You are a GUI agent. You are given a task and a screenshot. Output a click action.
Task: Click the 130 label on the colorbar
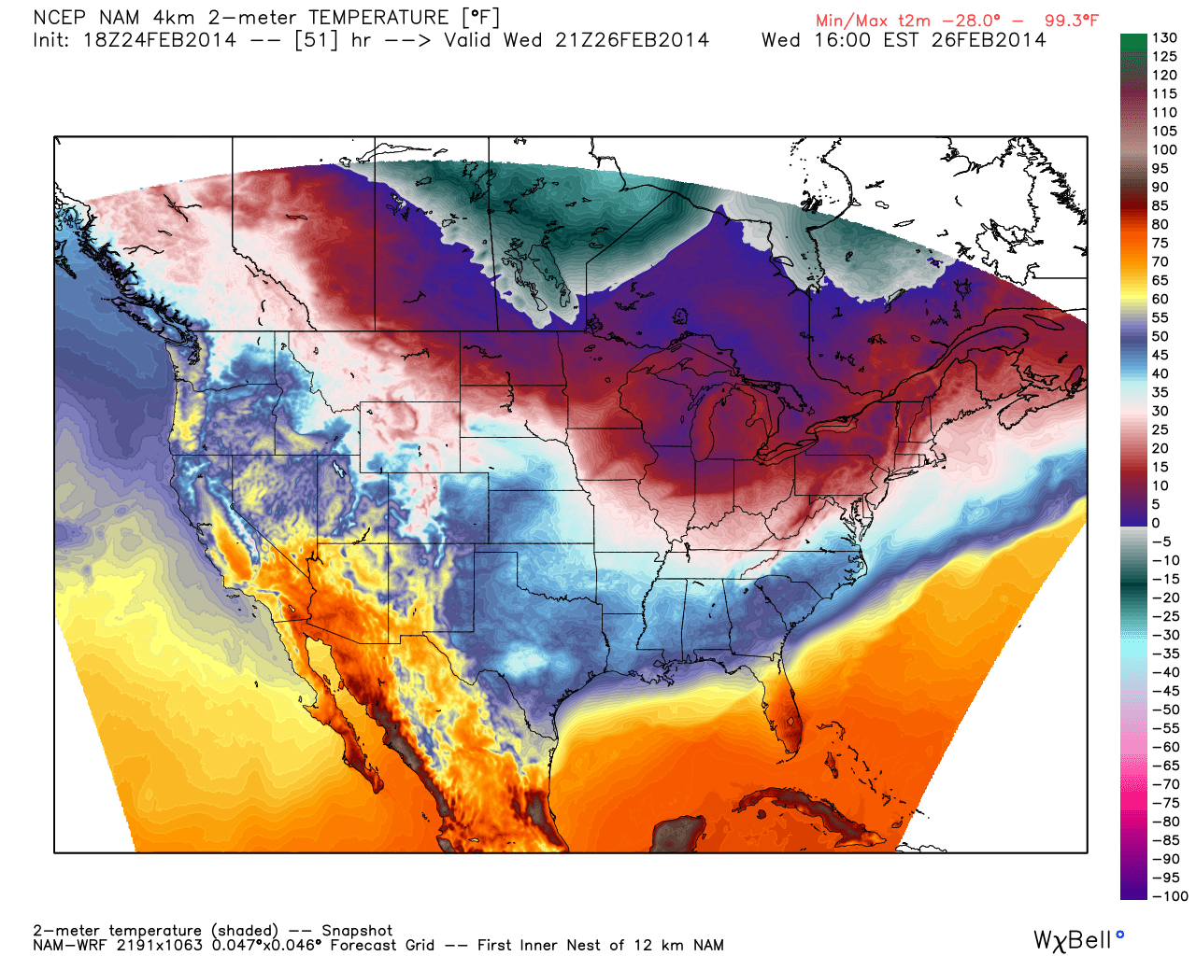coord(1164,37)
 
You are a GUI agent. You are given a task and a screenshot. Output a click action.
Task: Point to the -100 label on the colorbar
coord(1169,896)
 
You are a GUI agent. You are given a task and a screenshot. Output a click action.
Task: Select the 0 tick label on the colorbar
coord(1156,523)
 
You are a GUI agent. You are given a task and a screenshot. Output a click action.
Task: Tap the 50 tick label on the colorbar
coord(1160,336)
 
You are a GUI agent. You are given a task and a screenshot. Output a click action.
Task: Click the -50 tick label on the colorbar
coord(1165,710)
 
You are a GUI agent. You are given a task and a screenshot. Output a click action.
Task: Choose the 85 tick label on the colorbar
coord(1160,205)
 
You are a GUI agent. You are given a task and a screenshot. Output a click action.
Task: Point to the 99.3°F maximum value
coord(1072,21)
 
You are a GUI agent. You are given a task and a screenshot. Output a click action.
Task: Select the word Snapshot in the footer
coord(357,931)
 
